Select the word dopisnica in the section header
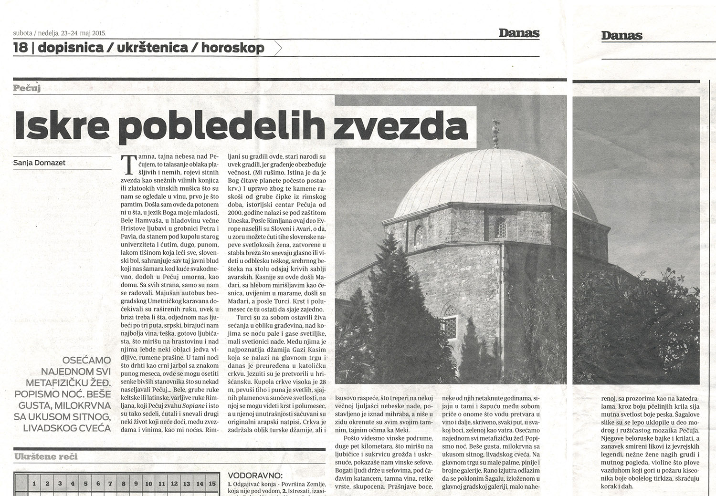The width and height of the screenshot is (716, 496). (71, 48)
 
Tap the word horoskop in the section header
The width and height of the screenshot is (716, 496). (232, 48)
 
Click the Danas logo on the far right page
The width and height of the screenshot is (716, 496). (621, 35)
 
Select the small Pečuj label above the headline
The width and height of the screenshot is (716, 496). (27, 88)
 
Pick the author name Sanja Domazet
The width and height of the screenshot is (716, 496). (40, 163)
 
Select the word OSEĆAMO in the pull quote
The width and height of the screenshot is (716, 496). (86, 360)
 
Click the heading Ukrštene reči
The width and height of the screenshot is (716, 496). (46, 456)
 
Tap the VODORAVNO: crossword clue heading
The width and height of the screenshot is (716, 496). (255, 475)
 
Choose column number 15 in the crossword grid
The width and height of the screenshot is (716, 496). (212, 484)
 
